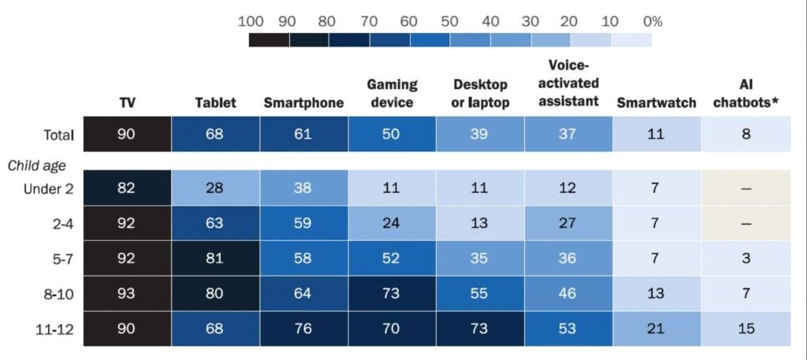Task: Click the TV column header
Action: tap(126, 103)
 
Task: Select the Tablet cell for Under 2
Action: tap(215, 189)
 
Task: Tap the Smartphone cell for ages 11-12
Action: tap(303, 328)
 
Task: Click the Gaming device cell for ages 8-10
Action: tap(392, 293)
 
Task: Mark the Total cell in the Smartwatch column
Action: tap(656, 135)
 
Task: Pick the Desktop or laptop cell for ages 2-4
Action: tap(480, 224)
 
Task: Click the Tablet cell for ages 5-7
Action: tap(215, 258)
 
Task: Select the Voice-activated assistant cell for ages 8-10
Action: tap(568, 293)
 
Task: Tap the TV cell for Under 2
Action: tap(126, 189)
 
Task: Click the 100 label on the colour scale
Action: tap(251, 21)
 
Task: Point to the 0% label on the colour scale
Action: tap(652, 21)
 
